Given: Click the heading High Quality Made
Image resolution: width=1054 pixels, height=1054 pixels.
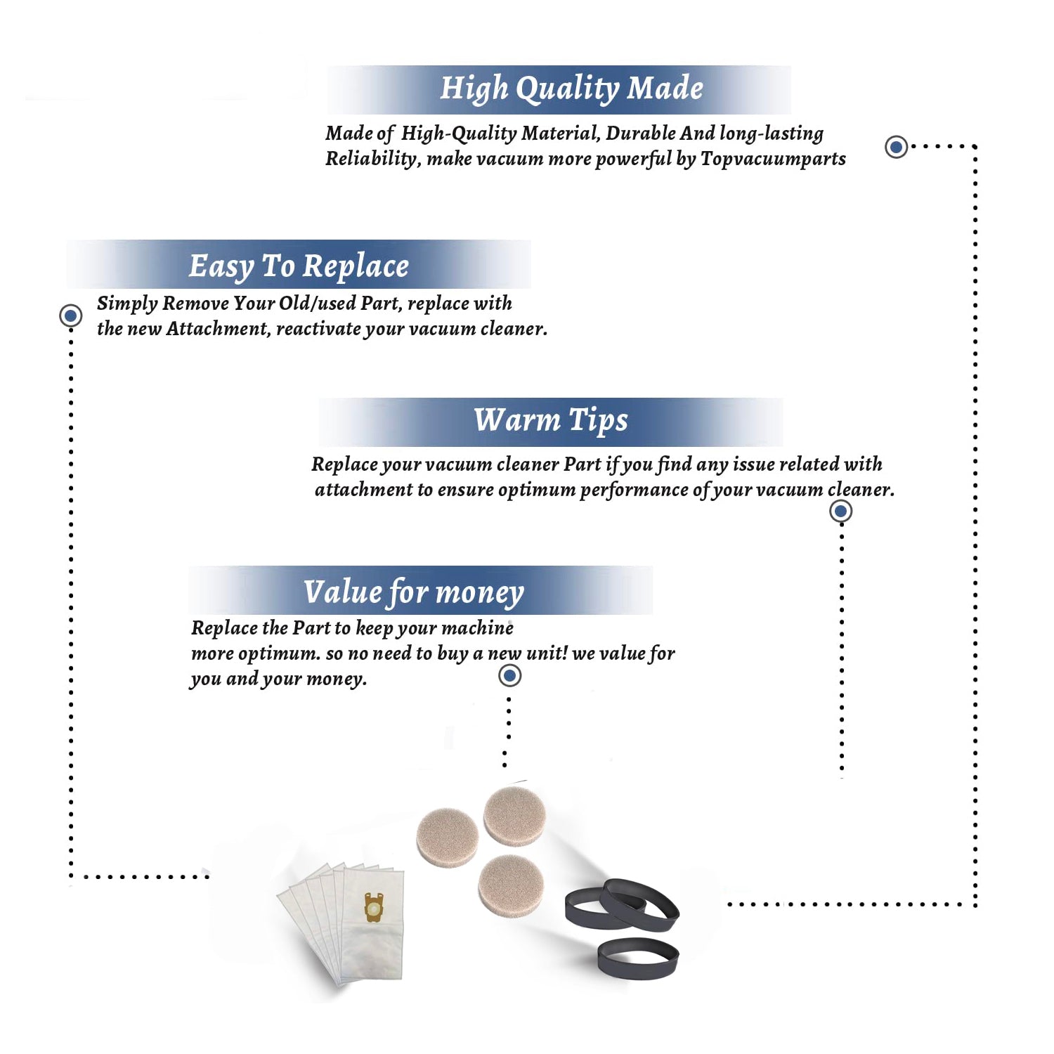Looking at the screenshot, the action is [x=571, y=89].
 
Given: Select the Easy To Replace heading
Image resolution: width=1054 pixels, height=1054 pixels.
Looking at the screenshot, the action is [x=299, y=266].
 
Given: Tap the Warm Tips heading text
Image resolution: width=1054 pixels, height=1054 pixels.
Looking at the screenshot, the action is [x=551, y=420].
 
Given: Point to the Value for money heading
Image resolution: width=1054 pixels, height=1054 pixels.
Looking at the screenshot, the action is [x=414, y=592].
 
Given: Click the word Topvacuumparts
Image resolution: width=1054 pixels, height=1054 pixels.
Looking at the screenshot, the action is [x=773, y=160].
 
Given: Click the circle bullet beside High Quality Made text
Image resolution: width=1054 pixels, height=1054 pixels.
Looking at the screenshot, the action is [x=896, y=147].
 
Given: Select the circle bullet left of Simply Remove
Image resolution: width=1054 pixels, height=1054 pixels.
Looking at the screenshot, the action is [x=70, y=315].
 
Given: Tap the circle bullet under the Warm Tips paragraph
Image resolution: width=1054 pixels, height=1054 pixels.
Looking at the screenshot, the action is [x=840, y=511].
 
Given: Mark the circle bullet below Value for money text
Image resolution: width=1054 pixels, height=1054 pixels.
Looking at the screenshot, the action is [x=509, y=676].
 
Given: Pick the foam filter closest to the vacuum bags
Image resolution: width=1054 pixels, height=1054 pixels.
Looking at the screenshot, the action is [x=448, y=837].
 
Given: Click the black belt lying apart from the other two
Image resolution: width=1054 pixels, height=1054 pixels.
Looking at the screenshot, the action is [x=638, y=958].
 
